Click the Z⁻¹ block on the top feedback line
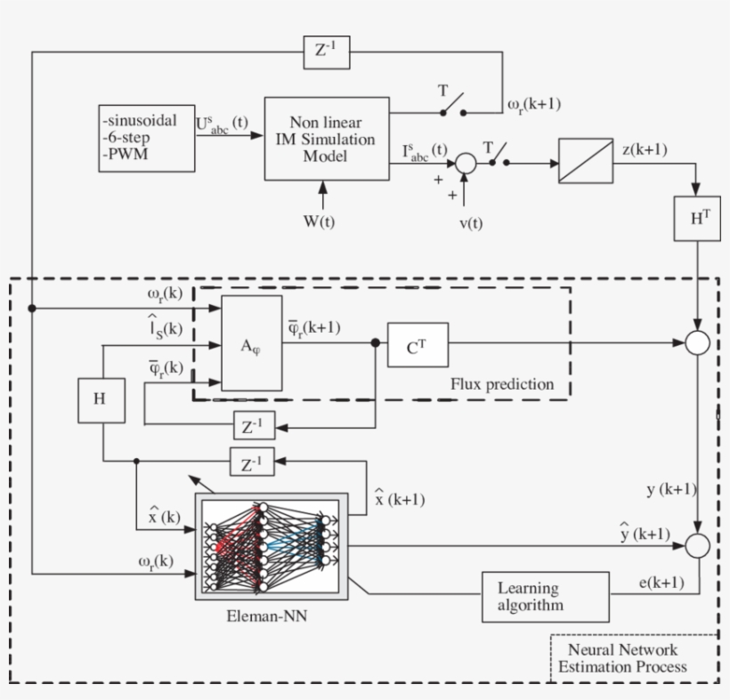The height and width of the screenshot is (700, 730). (327, 52)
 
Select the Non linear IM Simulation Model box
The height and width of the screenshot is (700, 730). (327, 139)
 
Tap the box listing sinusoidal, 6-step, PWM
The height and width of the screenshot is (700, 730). (147, 138)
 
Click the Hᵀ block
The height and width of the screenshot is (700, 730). (697, 218)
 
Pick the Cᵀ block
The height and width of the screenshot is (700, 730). (418, 344)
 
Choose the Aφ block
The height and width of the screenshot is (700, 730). (251, 343)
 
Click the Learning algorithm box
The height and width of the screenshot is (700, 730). (546, 597)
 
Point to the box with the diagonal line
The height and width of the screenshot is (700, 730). (586, 160)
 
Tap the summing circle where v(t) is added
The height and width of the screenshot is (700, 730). (466, 164)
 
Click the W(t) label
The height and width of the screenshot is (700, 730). (319, 221)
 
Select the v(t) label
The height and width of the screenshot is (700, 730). (471, 223)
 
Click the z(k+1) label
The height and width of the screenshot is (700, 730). (645, 149)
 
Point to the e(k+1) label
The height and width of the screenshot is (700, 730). (661, 583)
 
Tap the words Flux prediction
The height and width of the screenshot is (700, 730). (502, 384)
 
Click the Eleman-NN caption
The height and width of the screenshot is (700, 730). (267, 616)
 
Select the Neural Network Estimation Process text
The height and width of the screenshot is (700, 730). (622, 657)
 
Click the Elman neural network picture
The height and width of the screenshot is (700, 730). (272, 546)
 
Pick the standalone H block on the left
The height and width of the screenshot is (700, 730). (101, 400)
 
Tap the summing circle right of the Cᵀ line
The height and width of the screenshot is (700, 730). (697, 342)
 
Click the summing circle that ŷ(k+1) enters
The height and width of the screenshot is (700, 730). (697, 545)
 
